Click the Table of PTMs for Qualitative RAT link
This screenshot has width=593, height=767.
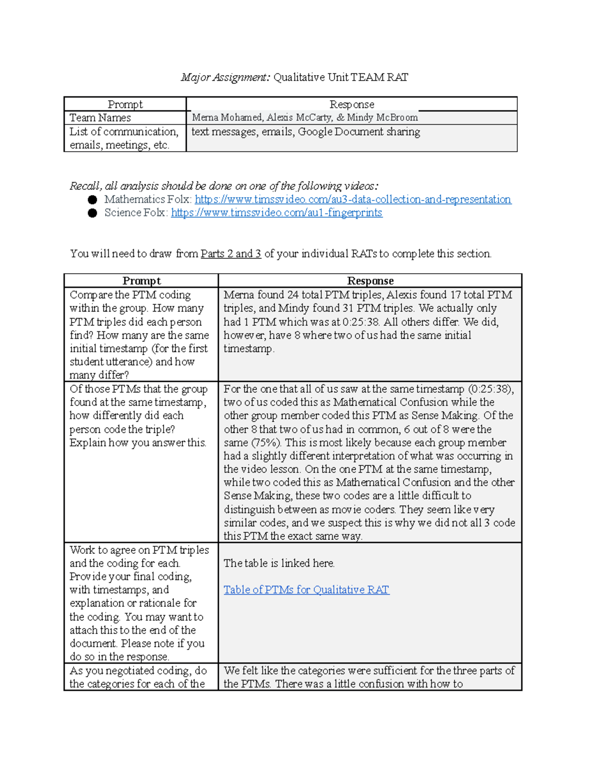[x=306, y=590]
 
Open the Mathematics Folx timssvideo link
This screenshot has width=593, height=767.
[x=352, y=200]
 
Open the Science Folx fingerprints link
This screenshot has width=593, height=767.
[x=276, y=213]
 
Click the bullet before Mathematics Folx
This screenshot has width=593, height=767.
[x=92, y=200]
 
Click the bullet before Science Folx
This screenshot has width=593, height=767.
[x=92, y=213]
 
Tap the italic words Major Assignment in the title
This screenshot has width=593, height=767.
[x=225, y=77]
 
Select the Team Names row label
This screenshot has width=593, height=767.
[x=100, y=118]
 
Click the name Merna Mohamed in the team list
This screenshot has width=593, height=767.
[x=227, y=118]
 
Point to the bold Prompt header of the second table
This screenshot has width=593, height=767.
[x=141, y=281]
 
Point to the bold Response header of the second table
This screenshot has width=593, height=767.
[x=370, y=281]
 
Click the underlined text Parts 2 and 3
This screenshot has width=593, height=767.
[x=231, y=254]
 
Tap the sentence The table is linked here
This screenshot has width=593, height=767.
[x=279, y=563]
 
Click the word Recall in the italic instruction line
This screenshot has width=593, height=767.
[x=85, y=186]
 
